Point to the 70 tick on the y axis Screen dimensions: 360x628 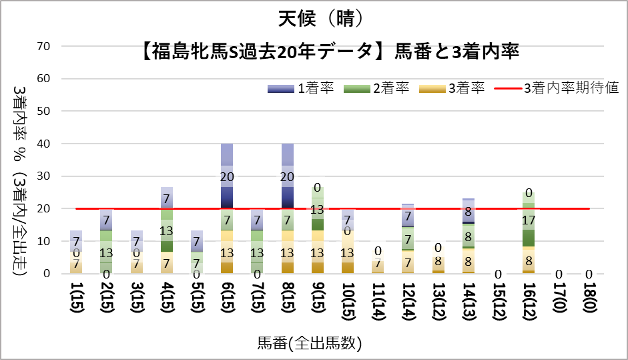pos(45,46)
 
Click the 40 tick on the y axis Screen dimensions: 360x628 pos(45,144)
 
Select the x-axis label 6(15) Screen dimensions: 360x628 pos(227,303)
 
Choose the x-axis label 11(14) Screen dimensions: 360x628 pos(378,303)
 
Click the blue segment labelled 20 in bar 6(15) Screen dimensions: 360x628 pos(227,176)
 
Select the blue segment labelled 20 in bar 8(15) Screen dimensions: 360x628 pos(288,176)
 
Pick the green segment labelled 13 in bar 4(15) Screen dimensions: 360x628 pos(166,230)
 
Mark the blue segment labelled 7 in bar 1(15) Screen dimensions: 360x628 pos(75,241)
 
